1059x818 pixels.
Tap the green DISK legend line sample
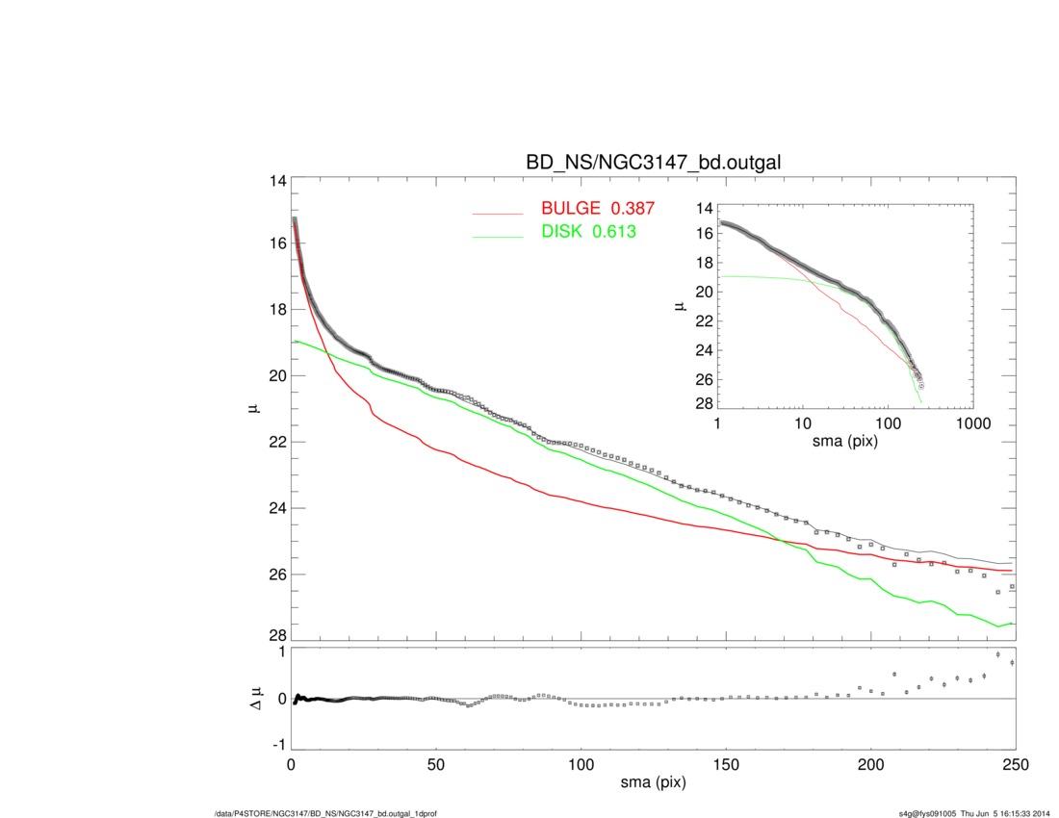[497, 235]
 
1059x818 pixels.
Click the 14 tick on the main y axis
[277, 181]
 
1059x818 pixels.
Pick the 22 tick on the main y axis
[277, 442]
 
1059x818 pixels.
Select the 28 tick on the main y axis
[277, 635]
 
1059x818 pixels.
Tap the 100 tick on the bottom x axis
[581, 765]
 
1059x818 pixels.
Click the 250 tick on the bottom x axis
[1015, 765]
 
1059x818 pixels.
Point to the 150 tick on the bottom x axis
[726, 765]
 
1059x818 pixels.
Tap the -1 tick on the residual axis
[278, 745]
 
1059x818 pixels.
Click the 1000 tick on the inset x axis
[972, 424]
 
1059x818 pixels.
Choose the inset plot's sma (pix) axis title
[846, 442]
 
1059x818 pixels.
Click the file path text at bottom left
[326, 814]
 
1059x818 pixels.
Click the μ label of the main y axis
[253, 409]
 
